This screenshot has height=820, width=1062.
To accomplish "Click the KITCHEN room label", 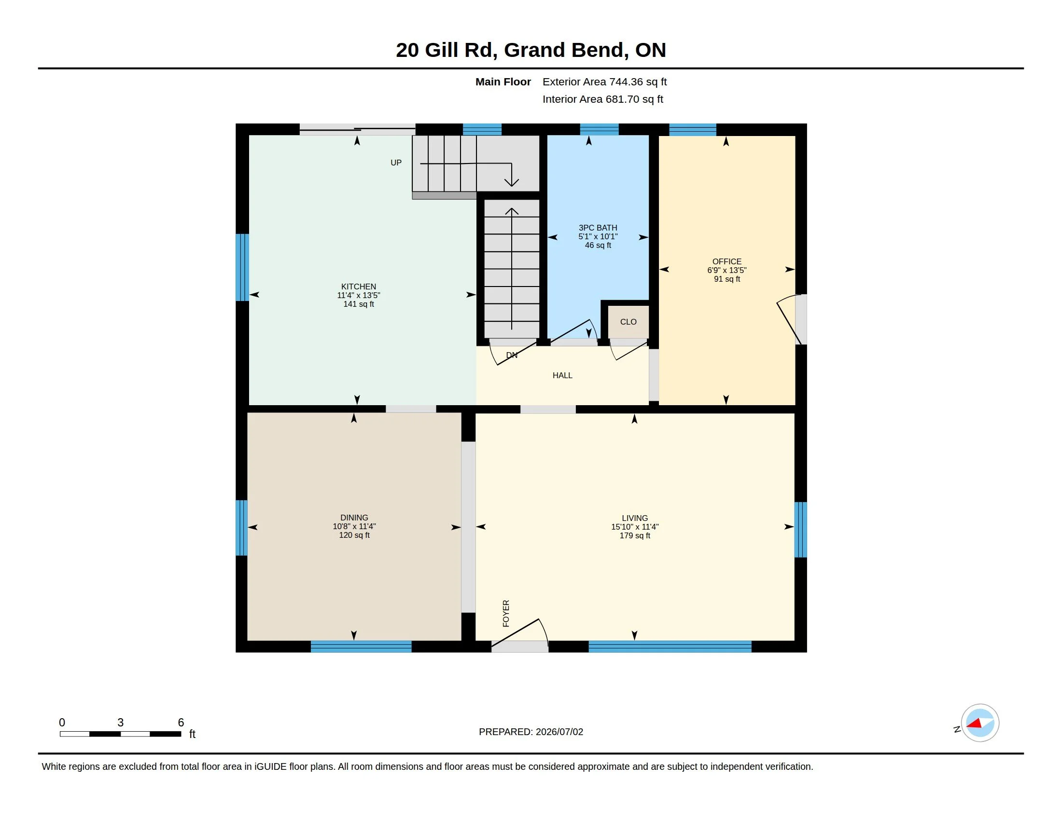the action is tap(358, 287).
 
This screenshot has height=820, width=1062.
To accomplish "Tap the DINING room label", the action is tap(354, 518).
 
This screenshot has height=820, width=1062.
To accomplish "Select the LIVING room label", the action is tap(635, 519).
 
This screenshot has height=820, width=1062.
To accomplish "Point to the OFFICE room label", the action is tap(727, 261).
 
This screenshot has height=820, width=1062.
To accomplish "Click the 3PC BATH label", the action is tap(598, 228).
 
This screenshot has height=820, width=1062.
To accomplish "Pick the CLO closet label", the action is tap(628, 322).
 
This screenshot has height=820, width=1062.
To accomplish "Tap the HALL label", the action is tap(562, 375).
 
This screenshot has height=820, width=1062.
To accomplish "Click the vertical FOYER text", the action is tap(506, 614).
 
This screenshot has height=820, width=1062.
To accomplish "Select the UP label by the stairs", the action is tap(396, 163).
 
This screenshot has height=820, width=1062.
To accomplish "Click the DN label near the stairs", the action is tap(512, 355).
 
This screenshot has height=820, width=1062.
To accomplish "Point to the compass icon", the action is tap(979, 723).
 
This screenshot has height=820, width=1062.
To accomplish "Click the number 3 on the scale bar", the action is tap(121, 723).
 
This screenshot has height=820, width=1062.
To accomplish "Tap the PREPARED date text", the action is tap(531, 732).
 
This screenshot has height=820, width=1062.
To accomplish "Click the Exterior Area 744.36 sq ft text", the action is tap(604, 82).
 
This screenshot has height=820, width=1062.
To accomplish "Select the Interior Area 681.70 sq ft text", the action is tap(602, 99).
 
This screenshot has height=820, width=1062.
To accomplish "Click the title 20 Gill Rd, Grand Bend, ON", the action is tap(531, 50).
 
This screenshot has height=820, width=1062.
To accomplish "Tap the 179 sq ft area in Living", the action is tap(635, 535).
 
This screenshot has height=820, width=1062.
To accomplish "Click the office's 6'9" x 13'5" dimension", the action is tap(727, 270).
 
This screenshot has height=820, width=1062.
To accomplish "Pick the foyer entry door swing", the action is tap(519, 633).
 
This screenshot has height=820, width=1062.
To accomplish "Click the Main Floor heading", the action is tap(503, 82).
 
